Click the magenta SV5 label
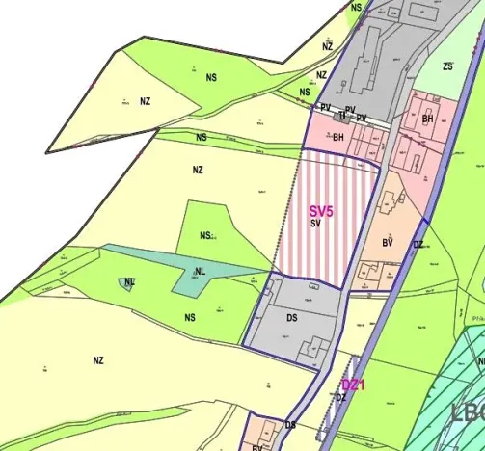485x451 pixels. click(x=321, y=210)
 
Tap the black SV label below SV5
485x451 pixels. click(x=315, y=223)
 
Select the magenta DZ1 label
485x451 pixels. click(x=354, y=385)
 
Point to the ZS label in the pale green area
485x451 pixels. click(x=447, y=66)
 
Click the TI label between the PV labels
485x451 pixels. click(x=342, y=116)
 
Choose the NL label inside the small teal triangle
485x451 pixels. click(x=128, y=282)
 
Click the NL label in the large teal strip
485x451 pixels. click(x=200, y=273)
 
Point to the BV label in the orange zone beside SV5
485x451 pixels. click(x=388, y=243)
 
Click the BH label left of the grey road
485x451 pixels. click(x=338, y=138)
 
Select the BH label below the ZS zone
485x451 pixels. click(x=427, y=119)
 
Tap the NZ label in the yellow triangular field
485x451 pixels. click(x=145, y=100)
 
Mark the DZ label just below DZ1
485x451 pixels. click(x=340, y=397)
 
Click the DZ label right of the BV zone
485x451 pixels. click(x=418, y=245)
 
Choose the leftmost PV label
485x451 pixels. click(x=326, y=107)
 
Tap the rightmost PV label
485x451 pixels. click(x=362, y=119)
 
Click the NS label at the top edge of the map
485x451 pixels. click(x=357, y=8)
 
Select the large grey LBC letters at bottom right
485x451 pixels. click(x=468, y=412)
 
